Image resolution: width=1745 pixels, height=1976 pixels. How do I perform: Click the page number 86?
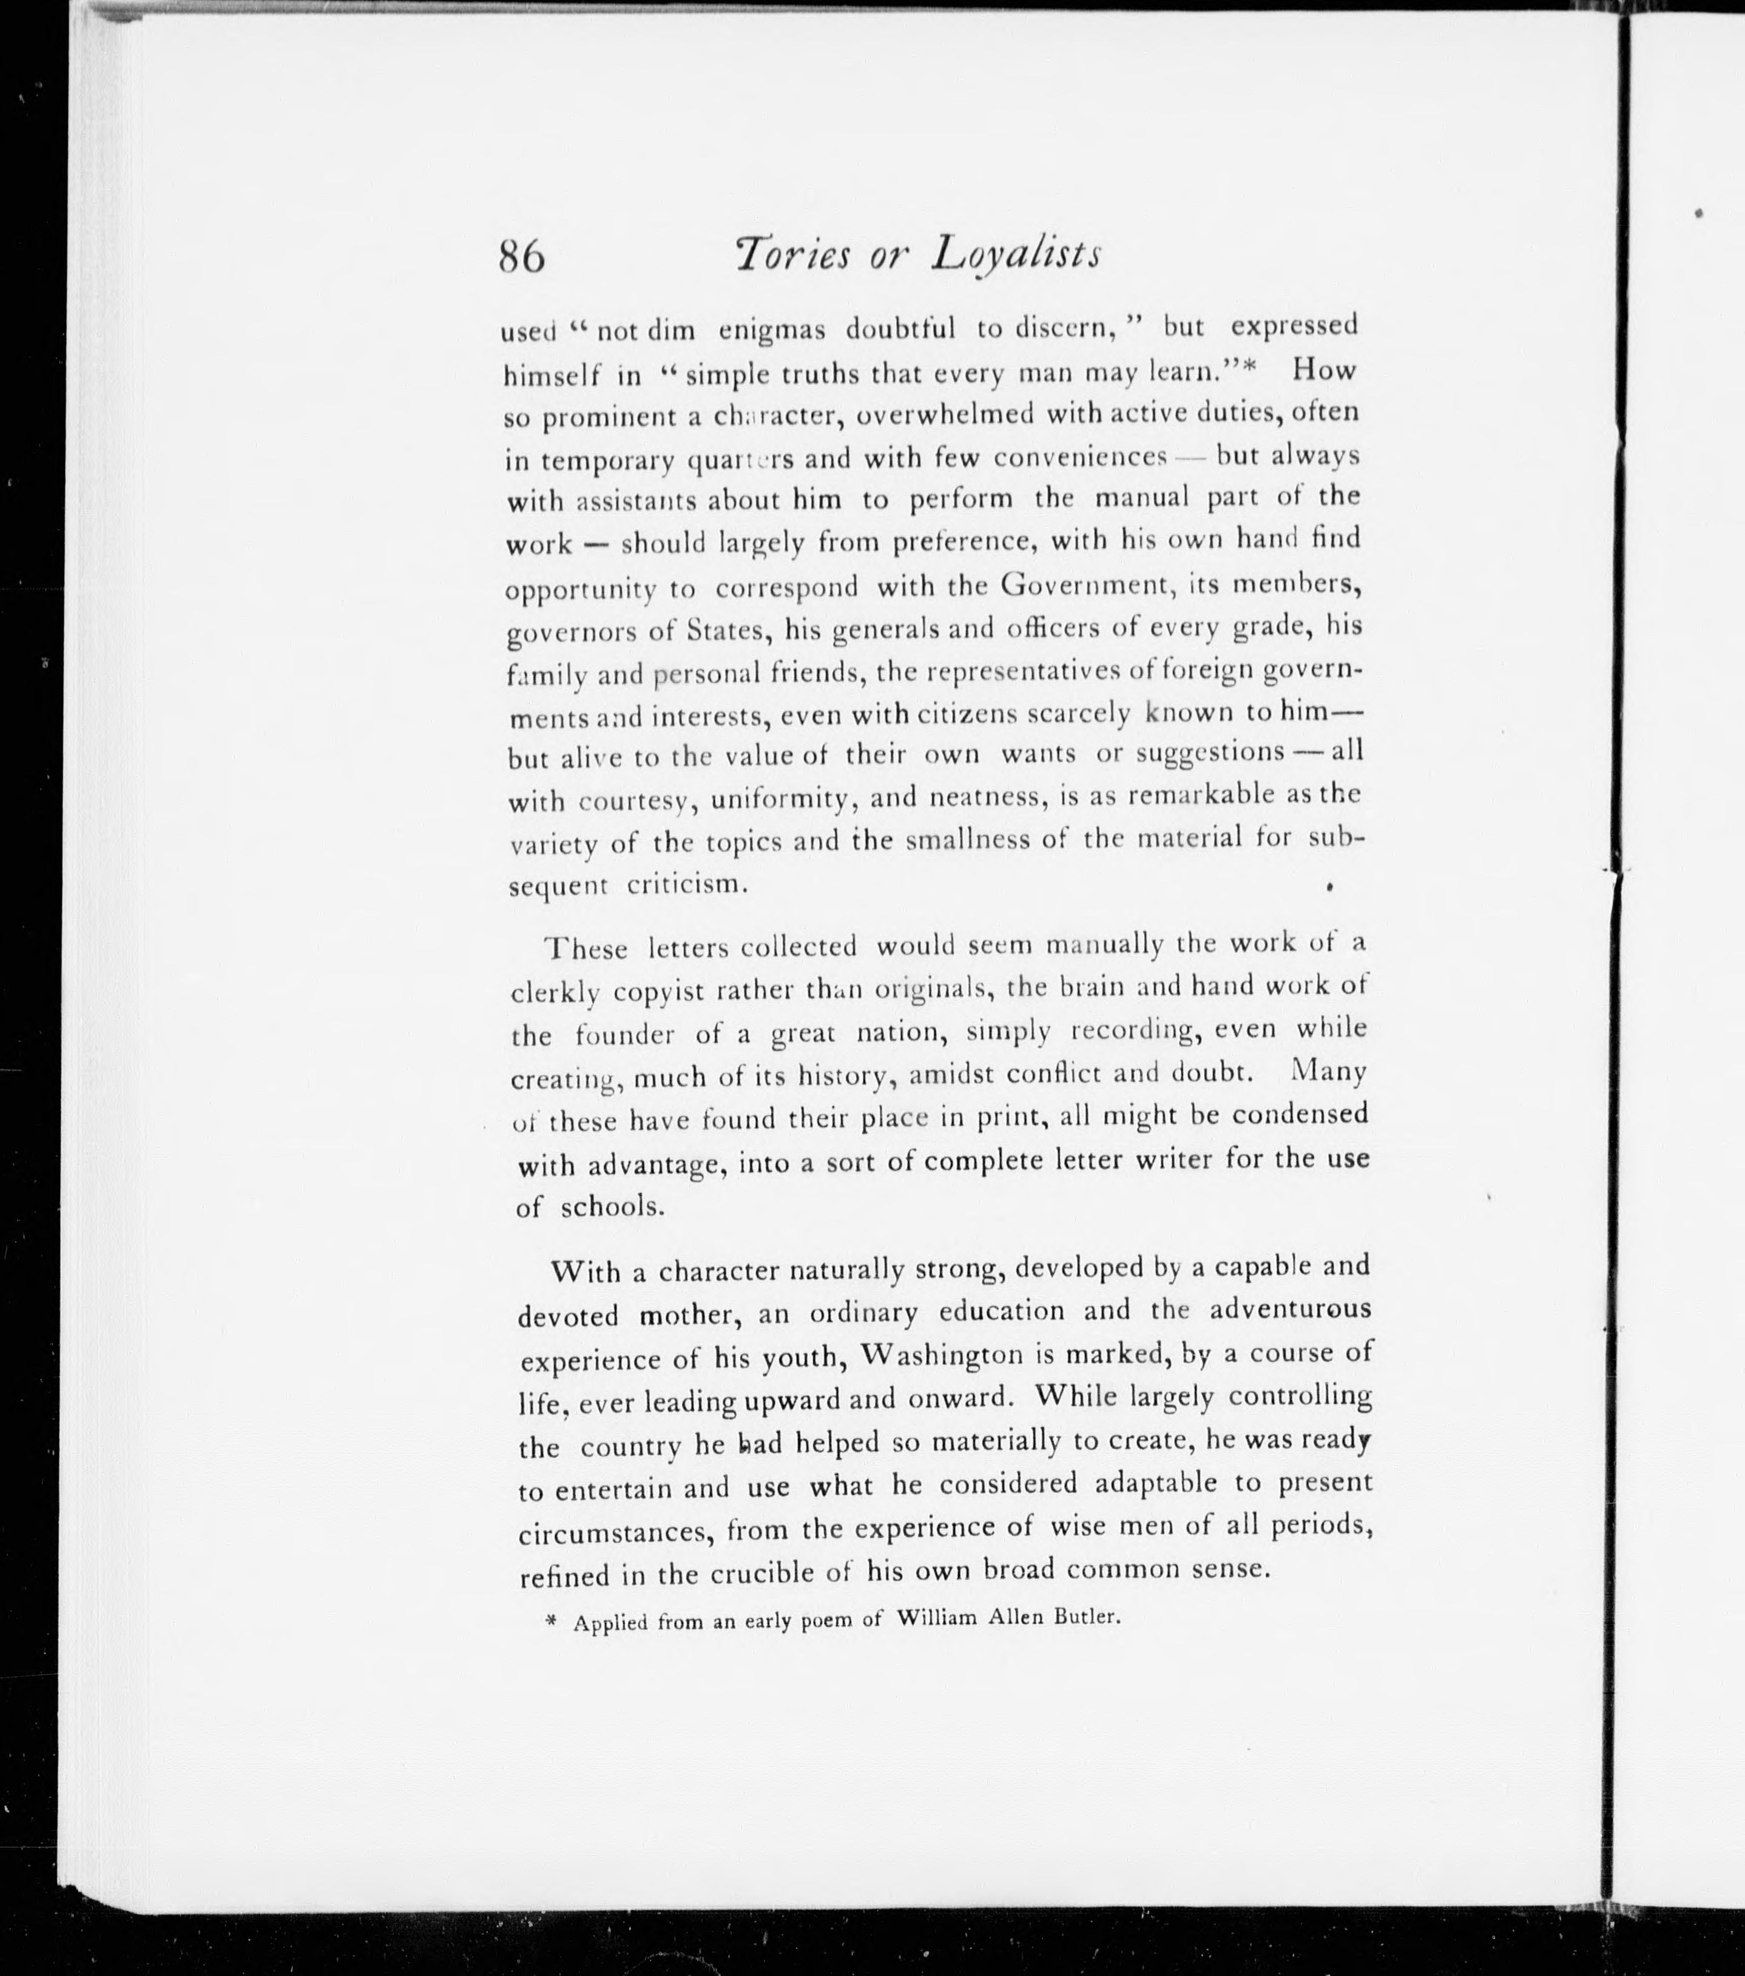(522, 258)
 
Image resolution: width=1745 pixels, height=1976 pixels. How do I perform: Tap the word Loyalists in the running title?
(1016, 255)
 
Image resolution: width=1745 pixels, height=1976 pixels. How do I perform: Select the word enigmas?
(771, 331)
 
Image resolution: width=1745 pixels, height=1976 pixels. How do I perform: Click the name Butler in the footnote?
(1088, 1617)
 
